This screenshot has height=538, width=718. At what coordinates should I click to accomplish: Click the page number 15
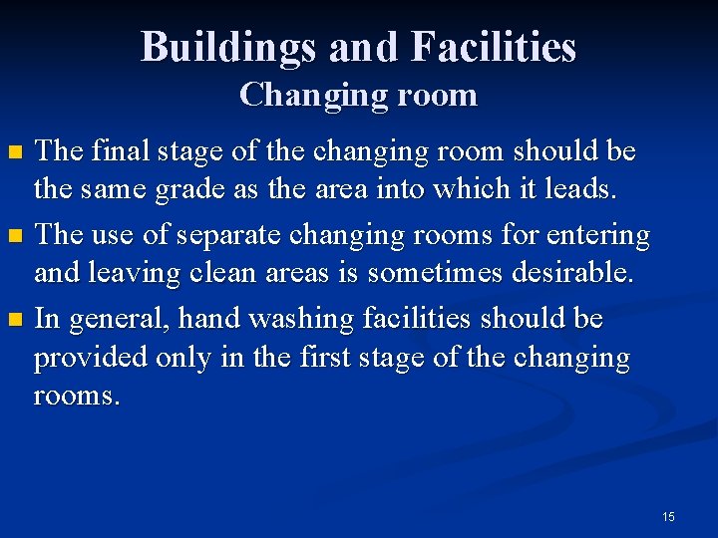(x=668, y=516)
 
